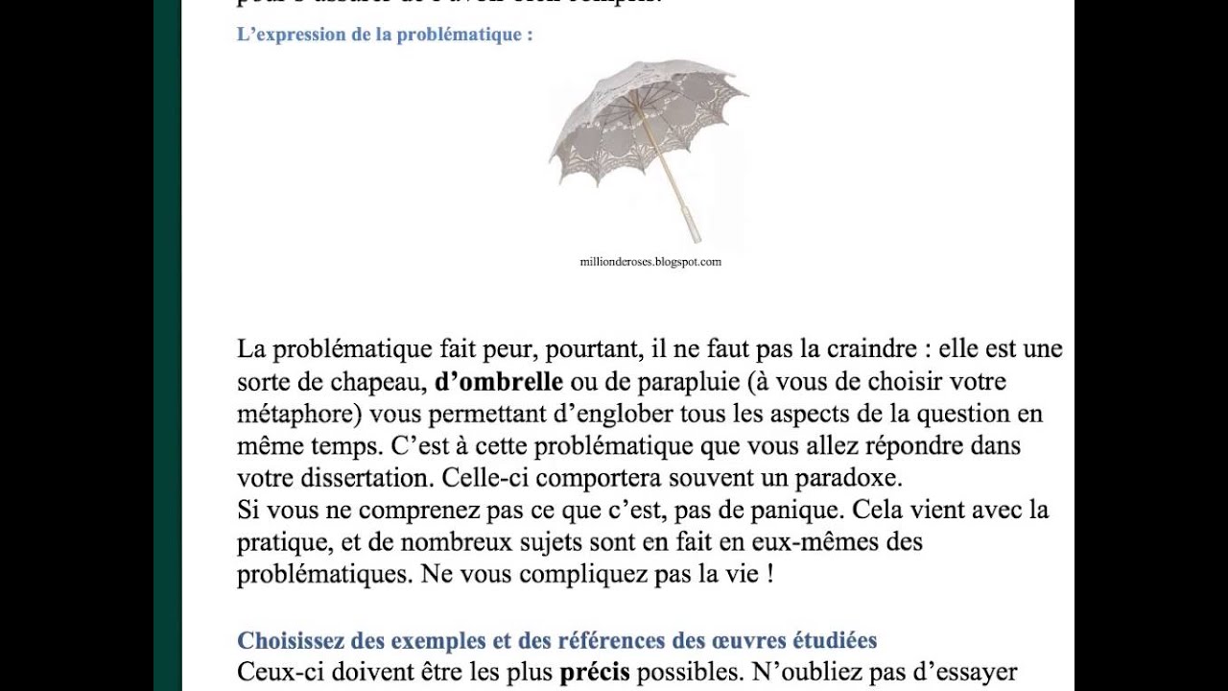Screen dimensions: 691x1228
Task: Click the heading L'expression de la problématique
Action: [x=384, y=35]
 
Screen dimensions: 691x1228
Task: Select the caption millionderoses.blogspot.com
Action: [x=650, y=261]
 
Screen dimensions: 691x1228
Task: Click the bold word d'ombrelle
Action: [x=499, y=382]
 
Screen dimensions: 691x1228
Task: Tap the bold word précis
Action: [x=595, y=672]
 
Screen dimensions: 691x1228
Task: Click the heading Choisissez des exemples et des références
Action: [x=556, y=640]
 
